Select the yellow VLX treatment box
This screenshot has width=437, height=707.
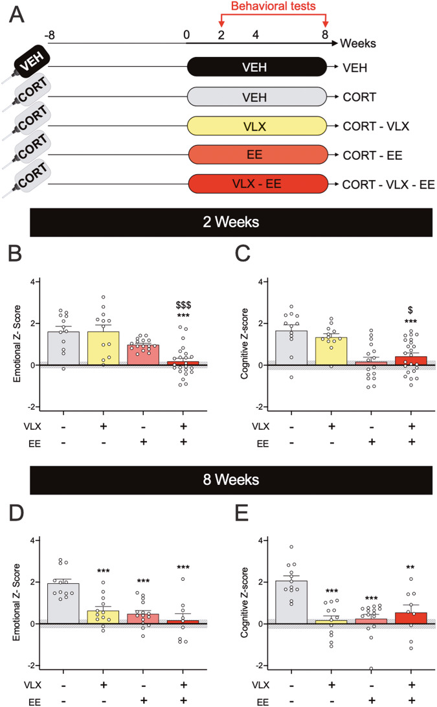click(x=256, y=125)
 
